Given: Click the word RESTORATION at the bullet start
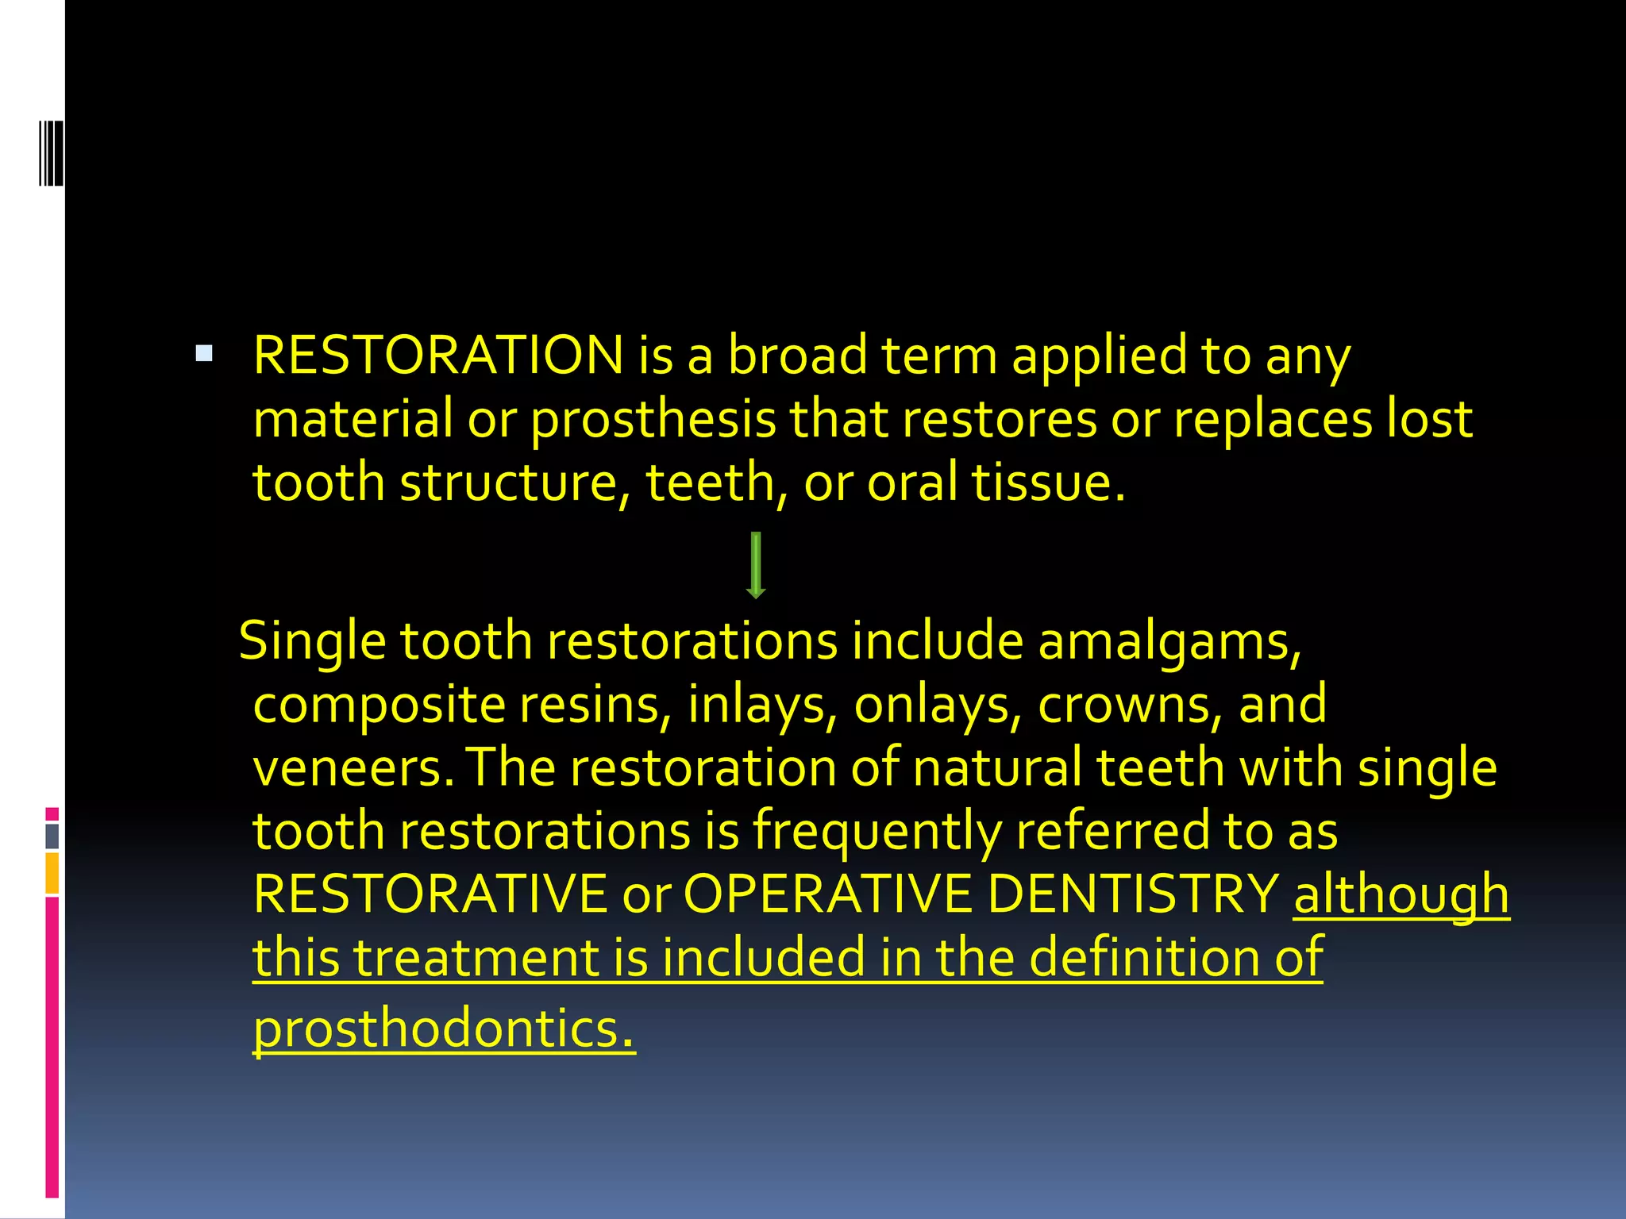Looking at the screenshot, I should (438, 355).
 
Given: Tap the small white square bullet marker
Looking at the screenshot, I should (204, 353).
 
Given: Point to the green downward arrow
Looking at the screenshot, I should (756, 564).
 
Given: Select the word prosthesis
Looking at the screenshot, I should (653, 420).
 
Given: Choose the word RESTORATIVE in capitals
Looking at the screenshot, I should (430, 894).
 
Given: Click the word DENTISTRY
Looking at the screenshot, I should (1133, 894).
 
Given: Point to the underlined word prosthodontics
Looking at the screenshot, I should (444, 1029).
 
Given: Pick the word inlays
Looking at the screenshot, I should (757, 705).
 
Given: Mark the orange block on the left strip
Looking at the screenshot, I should (52, 873).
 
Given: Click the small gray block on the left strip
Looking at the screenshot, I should (52, 836).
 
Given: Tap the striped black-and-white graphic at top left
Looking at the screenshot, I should (51, 152).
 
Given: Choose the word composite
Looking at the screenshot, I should (379, 705).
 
